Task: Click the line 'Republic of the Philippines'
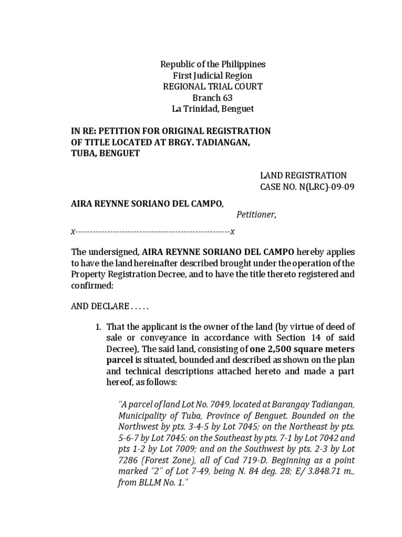tap(213, 65)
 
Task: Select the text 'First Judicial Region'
tap(213, 76)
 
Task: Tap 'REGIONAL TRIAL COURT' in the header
tap(213, 87)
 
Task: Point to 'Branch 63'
tap(213, 98)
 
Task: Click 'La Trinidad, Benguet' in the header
tap(213, 109)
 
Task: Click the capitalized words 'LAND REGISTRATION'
tap(303, 175)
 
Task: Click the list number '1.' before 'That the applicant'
tap(98, 327)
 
